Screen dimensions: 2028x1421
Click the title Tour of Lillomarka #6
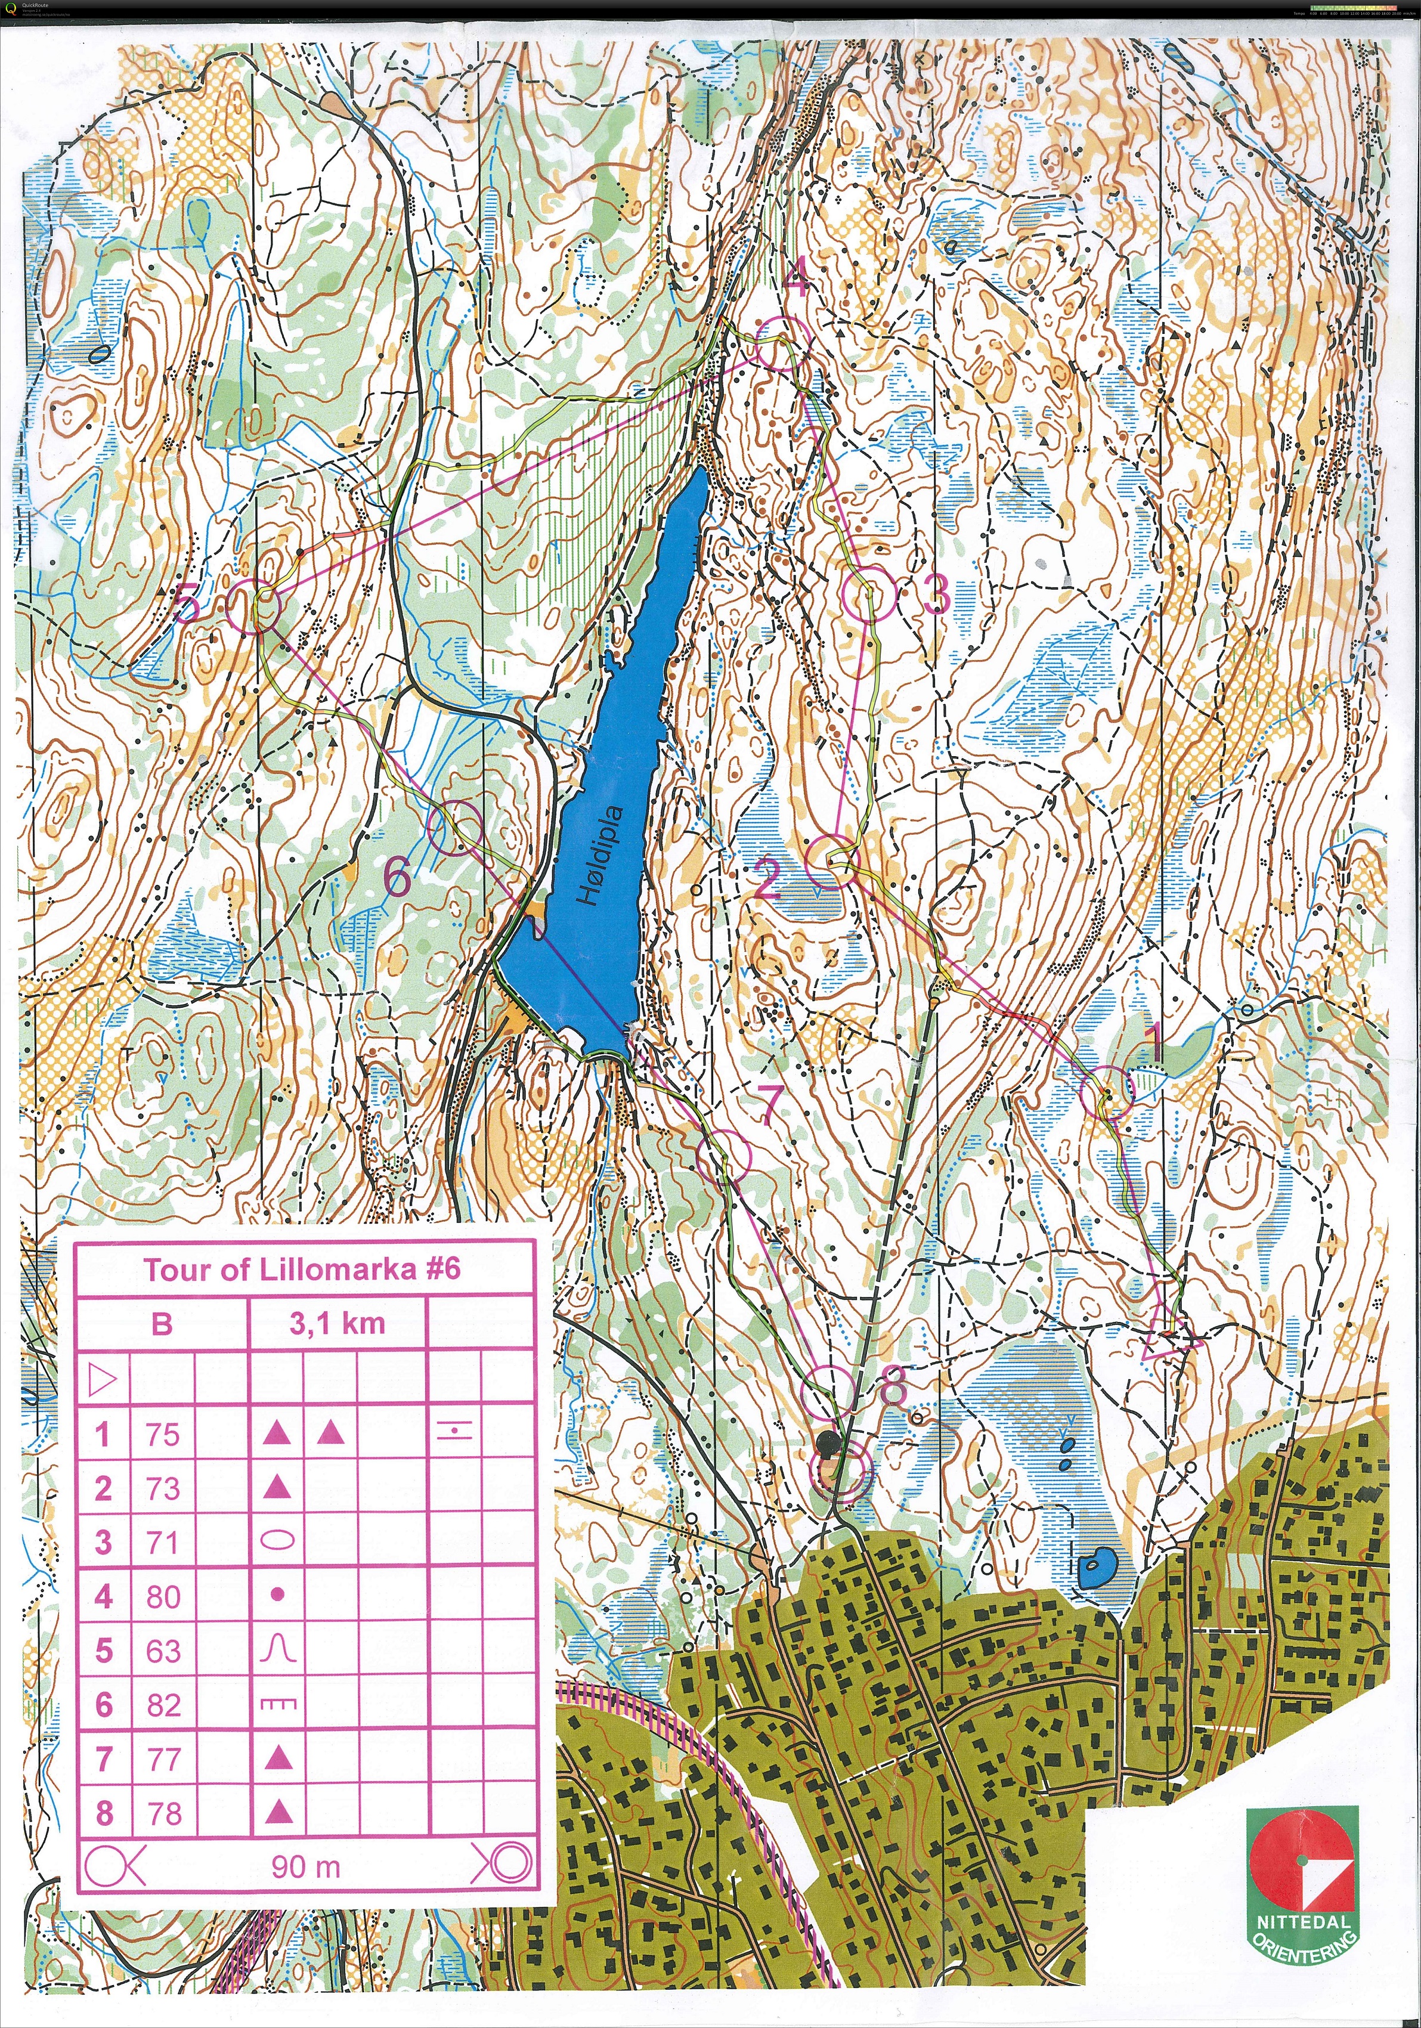[302, 1270]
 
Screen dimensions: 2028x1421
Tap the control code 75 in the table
[163, 1433]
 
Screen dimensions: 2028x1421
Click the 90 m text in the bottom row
[305, 1866]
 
